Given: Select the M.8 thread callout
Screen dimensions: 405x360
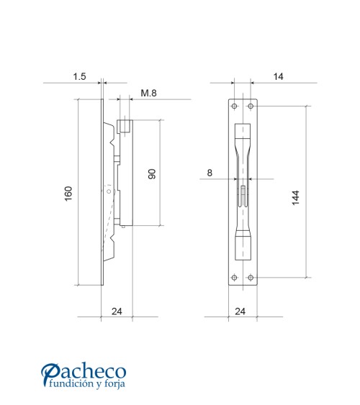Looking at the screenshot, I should (x=149, y=93).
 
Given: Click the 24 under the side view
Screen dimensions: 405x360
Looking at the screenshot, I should (x=117, y=311).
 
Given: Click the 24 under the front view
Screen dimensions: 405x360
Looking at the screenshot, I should (x=240, y=311).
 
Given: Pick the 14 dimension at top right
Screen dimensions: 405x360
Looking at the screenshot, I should (x=278, y=75).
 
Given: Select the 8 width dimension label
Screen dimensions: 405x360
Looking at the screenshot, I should (x=210, y=173).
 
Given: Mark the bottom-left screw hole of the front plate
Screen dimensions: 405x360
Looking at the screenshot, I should (x=234, y=277).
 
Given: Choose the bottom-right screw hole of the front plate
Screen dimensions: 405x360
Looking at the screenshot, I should (x=250, y=277).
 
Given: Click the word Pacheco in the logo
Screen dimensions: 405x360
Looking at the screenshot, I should (x=84, y=372).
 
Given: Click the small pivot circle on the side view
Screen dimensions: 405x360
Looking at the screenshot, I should (x=109, y=192).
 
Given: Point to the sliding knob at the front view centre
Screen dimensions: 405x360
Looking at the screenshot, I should (x=243, y=192).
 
